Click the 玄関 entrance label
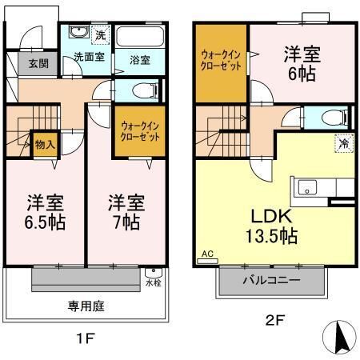point(38,63)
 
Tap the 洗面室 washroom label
point(89,57)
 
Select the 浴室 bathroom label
point(140,60)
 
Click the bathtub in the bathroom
point(140,37)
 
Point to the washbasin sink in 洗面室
point(79,31)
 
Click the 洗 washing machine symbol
point(101,34)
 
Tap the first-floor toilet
point(145,90)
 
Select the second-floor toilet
point(334,118)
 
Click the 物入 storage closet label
point(45,145)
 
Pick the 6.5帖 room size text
point(45,222)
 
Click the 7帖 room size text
point(126,222)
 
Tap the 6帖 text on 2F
point(302,74)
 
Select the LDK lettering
point(272,216)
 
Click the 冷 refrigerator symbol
point(344,143)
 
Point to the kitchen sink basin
point(307,188)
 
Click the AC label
point(207,254)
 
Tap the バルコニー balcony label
point(271,280)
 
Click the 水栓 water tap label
point(154,283)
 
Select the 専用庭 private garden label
point(86,306)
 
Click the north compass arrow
point(341,337)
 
